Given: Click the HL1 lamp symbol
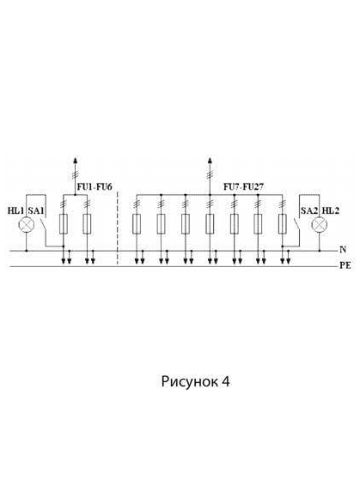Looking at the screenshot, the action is [26, 225].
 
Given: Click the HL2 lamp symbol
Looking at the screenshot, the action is [320, 225].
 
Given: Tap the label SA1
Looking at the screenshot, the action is [36, 210].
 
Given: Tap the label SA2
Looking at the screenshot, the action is [309, 210].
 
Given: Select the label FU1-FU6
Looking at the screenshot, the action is [95, 187].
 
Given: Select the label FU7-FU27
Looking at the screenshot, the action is [243, 187].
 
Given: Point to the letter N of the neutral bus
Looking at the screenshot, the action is [343, 250].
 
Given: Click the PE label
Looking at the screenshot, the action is [345, 266].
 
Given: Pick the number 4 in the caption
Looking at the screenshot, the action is [226, 381].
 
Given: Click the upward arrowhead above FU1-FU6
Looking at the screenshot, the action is [75, 161].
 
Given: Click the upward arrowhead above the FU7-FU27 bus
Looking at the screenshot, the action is [210, 161].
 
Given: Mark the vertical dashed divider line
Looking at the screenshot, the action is [118, 228].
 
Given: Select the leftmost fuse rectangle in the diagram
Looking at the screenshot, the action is [63, 223].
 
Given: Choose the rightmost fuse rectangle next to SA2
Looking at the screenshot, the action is [282, 223].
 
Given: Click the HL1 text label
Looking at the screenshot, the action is [15, 210].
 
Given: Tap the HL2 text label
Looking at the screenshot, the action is [331, 210].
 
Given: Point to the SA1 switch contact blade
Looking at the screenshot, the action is [44, 224].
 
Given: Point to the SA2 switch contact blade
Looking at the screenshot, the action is [296, 224].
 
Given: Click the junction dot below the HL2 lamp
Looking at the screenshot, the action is [320, 250].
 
